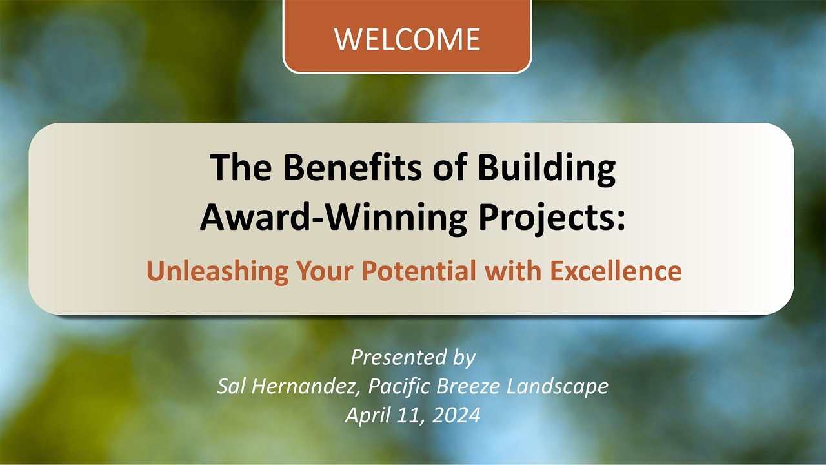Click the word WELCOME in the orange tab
pos(407,39)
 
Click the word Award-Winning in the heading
pos(333,218)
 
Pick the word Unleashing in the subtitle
pos(217,271)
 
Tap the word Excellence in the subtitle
pos(616,271)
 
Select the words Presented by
pos(413,357)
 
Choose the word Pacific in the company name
pos(401,386)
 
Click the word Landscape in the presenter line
pos(558,386)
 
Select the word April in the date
pos(365,415)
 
